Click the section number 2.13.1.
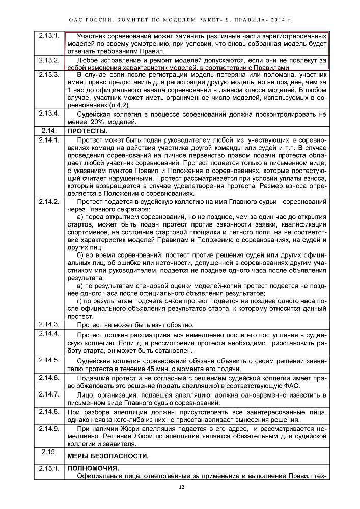click(49, 37)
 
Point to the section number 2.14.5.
click(49, 360)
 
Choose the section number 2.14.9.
click(49, 428)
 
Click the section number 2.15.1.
click(49, 468)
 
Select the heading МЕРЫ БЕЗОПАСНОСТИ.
click(108, 456)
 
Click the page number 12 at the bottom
click(181, 487)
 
